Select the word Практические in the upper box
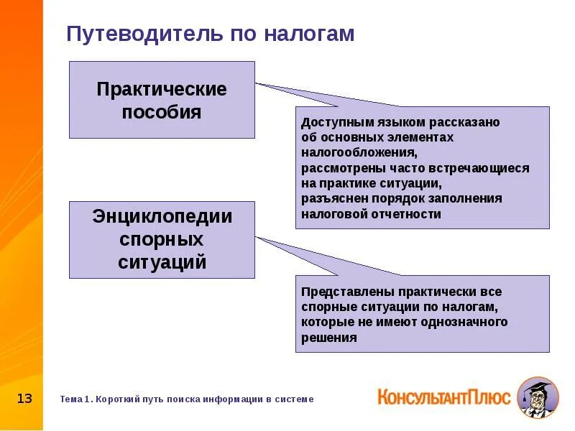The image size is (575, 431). tap(162, 89)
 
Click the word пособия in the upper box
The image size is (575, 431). tap(162, 112)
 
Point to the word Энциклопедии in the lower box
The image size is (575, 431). tap(162, 216)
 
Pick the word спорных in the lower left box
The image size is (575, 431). tap(162, 239)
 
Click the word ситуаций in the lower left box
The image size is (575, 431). tap(162, 262)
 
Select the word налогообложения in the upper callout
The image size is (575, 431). tap(357, 152)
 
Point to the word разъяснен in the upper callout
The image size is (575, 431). tap(332, 198)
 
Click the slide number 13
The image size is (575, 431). tap(24, 398)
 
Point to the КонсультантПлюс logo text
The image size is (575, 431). tap(443, 396)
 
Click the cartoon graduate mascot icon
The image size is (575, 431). tap(537, 397)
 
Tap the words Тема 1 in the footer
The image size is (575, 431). tap(75, 399)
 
